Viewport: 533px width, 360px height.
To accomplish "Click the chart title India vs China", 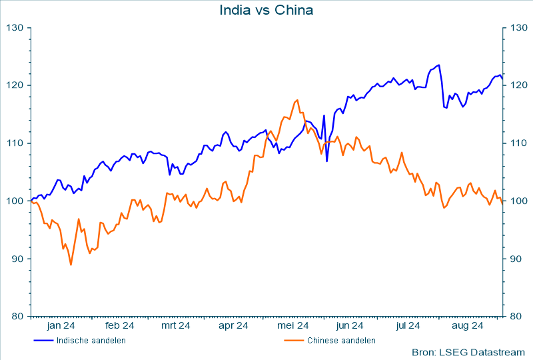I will pos(266,10).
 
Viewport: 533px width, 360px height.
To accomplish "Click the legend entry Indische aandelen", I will pos(91,341).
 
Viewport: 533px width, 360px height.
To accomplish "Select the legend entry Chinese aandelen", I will pos(341,341).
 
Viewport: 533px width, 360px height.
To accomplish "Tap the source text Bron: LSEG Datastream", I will pos(469,351).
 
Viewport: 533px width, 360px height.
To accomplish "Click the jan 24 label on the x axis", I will pos(61,326).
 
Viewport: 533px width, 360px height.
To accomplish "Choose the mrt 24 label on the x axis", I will pos(176,326).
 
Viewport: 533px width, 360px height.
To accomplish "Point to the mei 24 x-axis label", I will pos(292,326).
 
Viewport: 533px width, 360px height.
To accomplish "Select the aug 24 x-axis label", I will pos(468,326).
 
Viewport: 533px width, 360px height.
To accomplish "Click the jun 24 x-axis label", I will pos(350,326).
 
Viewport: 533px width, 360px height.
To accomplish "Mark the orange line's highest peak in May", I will pos(296,100).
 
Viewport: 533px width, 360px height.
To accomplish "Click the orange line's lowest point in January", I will pos(71,265).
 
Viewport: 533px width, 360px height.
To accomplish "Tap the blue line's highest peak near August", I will pos(438,65).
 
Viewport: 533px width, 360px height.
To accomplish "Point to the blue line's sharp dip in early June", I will pos(326,161).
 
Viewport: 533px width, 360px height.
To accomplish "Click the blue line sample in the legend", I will pos(43,341).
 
